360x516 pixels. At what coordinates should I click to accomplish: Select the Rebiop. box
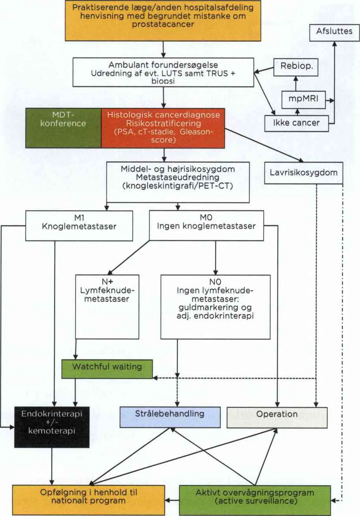(x=296, y=67)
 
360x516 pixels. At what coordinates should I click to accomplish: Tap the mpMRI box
(x=304, y=100)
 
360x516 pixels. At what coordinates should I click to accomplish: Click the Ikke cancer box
(x=296, y=124)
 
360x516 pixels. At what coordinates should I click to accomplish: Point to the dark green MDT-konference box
(x=63, y=128)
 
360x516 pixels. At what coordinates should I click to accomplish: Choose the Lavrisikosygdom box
(x=304, y=173)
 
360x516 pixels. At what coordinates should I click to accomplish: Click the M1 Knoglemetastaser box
(x=79, y=226)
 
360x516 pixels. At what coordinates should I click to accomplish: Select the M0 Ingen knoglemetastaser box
(x=207, y=226)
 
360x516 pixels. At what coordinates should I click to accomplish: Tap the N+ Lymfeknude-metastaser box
(x=107, y=307)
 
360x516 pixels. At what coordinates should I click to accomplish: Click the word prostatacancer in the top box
(x=163, y=24)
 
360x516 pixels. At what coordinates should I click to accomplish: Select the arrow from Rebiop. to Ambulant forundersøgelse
(x=264, y=70)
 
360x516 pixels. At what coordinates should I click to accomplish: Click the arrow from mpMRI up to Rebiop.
(x=296, y=84)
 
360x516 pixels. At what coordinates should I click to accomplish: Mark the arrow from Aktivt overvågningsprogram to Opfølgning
(x=172, y=500)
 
